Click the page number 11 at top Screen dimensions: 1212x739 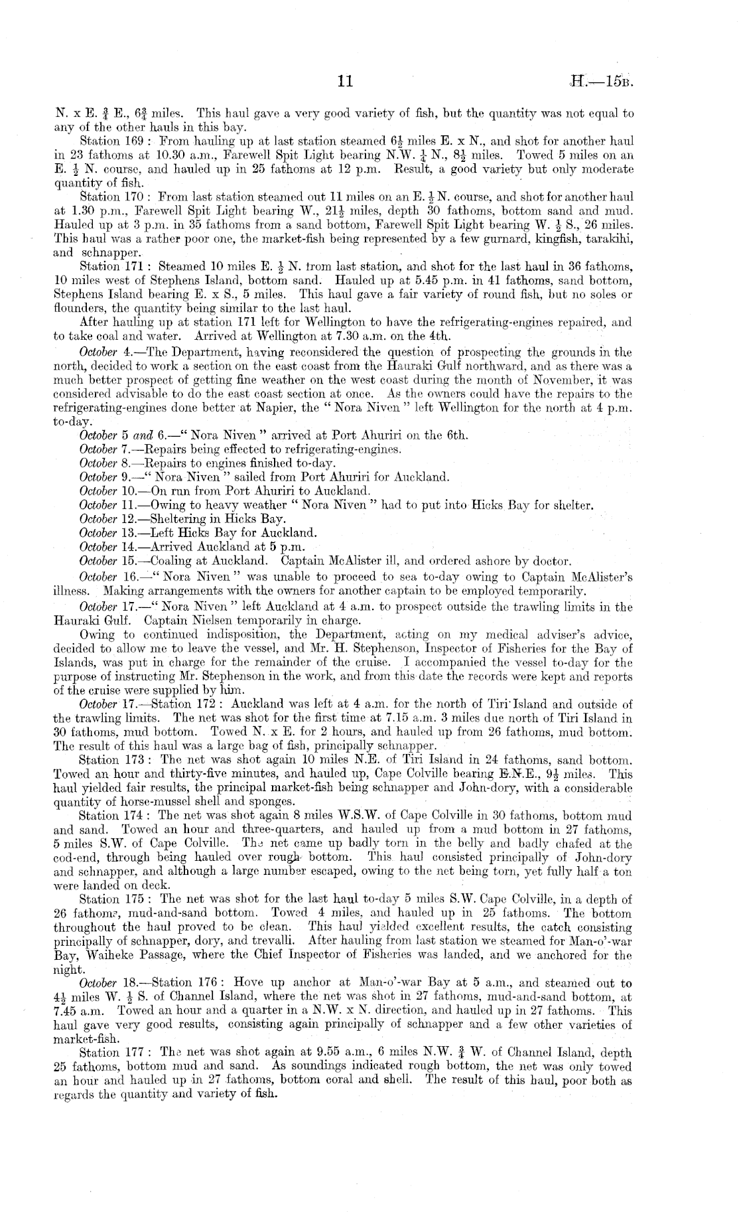pos(344,82)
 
